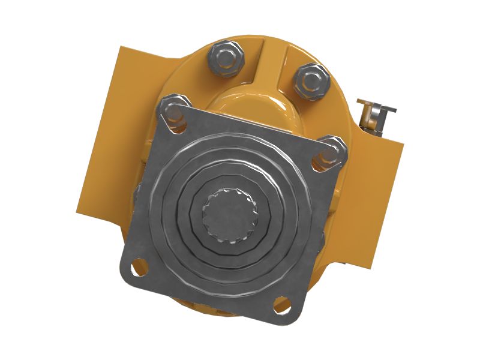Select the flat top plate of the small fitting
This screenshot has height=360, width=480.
coord(377,105)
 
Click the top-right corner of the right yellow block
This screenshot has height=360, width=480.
coord(401,140)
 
